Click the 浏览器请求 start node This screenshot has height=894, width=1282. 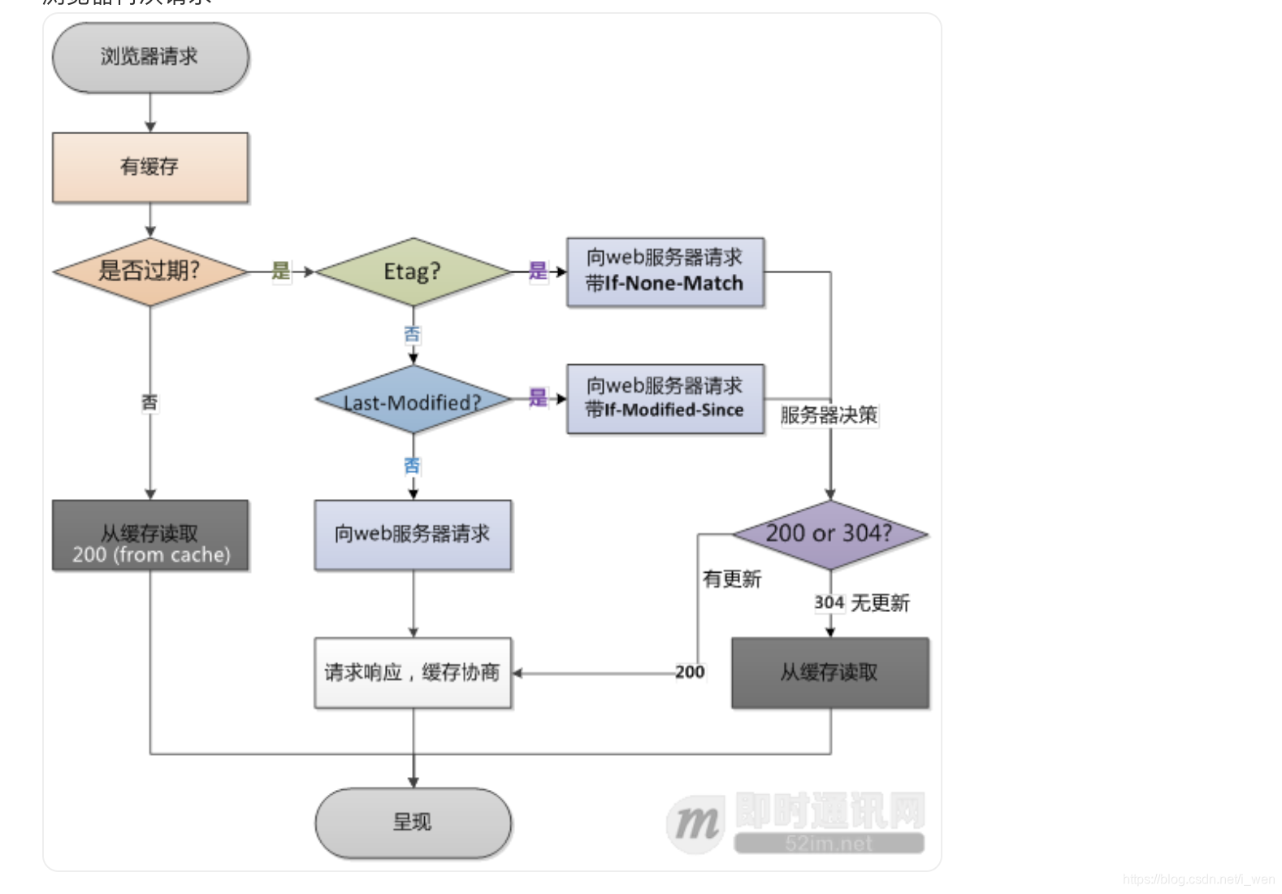click(x=150, y=57)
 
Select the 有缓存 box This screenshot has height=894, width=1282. click(x=150, y=167)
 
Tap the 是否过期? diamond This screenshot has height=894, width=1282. click(x=150, y=271)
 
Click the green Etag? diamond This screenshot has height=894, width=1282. click(x=413, y=271)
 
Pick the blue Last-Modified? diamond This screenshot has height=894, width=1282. click(x=413, y=400)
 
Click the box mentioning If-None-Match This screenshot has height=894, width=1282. click(x=665, y=271)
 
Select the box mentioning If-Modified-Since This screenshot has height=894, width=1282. click(x=665, y=398)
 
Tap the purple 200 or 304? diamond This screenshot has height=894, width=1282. click(x=829, y=534)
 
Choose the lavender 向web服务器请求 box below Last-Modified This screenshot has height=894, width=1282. click(x=413, y=535)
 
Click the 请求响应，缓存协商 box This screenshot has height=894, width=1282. click(x=413, y=672)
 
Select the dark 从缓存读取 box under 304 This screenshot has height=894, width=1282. click(x=829, y=672)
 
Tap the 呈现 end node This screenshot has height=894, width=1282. click(x=413, y=822)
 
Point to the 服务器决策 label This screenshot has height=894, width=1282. click(x=829, y=415)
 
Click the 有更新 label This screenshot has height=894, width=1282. click(x=732, y=579)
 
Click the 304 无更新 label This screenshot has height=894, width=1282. click(x=862, y=603)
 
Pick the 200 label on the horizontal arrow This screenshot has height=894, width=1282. click(x=690, y=672)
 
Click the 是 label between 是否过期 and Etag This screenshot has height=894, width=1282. click(x=281, y=271)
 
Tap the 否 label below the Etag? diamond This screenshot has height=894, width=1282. click(x=413, y=334)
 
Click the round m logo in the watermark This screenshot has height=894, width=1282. click(x=695, y=824)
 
